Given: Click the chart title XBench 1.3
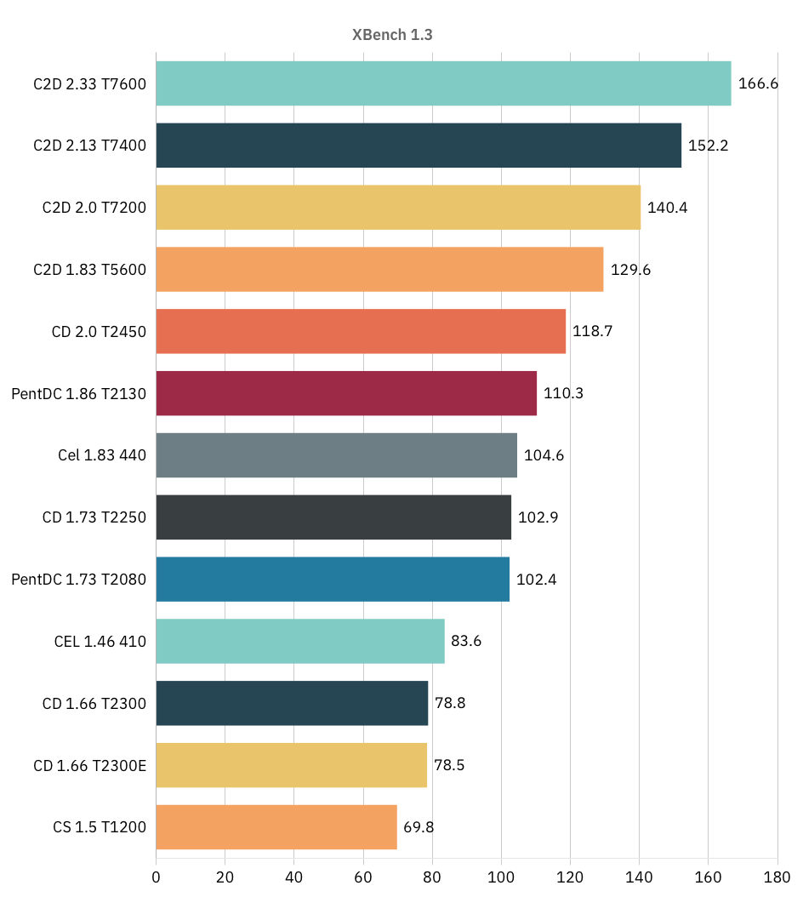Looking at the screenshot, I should pos(393,35).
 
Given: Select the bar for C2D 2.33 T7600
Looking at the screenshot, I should pos(443,83).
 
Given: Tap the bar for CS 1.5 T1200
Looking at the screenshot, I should pos(276,826).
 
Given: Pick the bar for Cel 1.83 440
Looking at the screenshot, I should pos(336,455).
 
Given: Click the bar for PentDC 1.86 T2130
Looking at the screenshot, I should pos(346,393).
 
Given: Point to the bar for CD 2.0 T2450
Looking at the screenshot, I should pos(361,331).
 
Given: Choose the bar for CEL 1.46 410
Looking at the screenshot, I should pos(300,641).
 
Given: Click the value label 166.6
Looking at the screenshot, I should pos(759,83).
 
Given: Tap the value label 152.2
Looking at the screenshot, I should pos(709,146).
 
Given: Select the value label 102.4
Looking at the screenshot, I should pos(537,580).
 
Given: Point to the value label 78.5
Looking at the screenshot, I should pos(451,765).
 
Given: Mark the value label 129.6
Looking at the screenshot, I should pos(631,270).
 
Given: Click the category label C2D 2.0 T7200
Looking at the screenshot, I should pos(94,208).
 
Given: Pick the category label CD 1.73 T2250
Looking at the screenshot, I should pos(94,517).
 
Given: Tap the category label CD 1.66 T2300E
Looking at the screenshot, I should pos(90,765).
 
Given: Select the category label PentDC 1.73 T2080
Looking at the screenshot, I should pos(79,580).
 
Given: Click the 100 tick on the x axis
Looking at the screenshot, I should pos(501,877).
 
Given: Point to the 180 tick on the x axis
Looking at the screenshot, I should pos(777,877).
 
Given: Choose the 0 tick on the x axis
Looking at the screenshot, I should pos(156,877).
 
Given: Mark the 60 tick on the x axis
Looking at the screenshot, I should pos(363,877).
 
